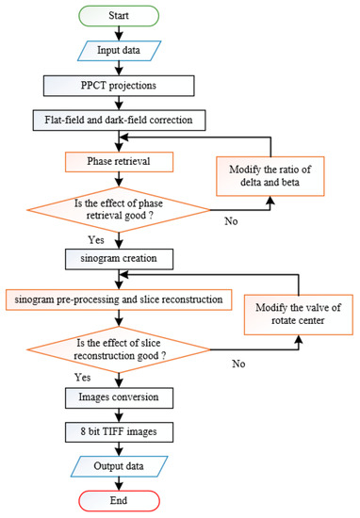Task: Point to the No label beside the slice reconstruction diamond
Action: (x=239, y=361)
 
